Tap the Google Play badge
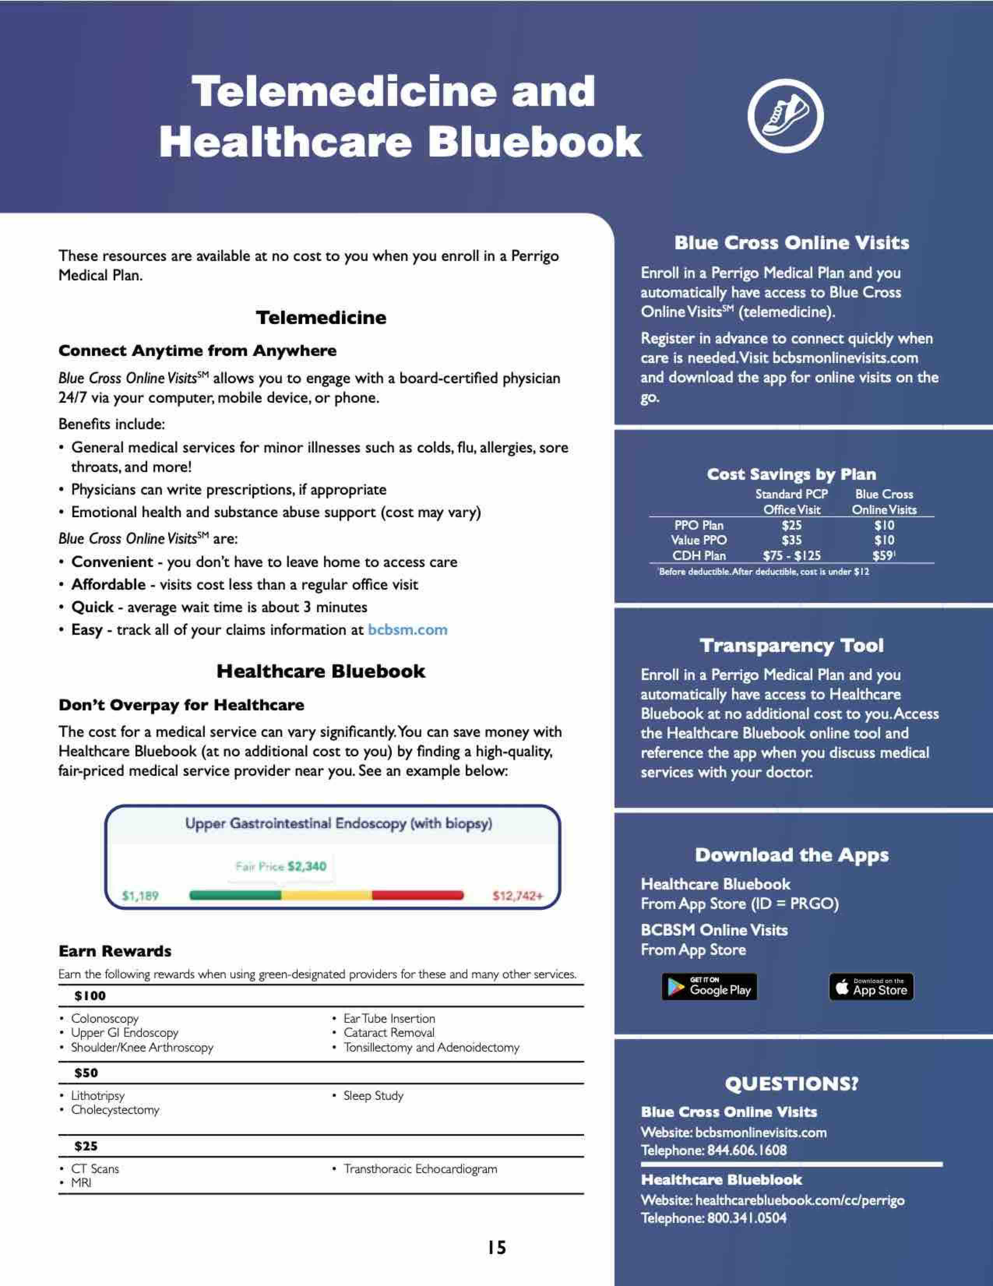pyautogui.click(x=709, y=987)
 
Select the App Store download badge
pyautogui.click(x=871, y=987)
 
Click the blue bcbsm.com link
pyautogui.click(x=407, y=630)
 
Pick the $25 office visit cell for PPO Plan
pyautogui.click(x=791, y=525)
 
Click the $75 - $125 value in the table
pyautogui.click(x=791, y=555)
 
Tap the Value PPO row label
pyautogui.click(x=699, y=540)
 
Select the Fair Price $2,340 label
pyautogui.click(x=281, y=866)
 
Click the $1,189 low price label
pyautogui.click(x=140, y=896)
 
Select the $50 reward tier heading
pyautogui.click(x=86, y=1073)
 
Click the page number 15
pyautogui.click(x=496, y=1247)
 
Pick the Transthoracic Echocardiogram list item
pyautogui.click(x=420, y=1169)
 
